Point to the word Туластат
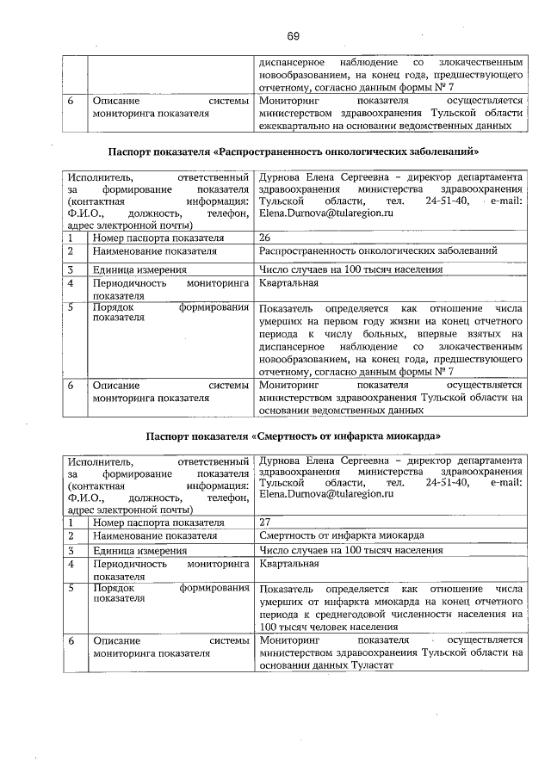(x=372, y=666)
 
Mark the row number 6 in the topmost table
(x=71, y=100)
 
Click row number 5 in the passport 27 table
(x=71, y=589)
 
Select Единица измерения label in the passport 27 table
(x=140, y=550)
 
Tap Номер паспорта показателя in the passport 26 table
(x=158, y=237)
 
